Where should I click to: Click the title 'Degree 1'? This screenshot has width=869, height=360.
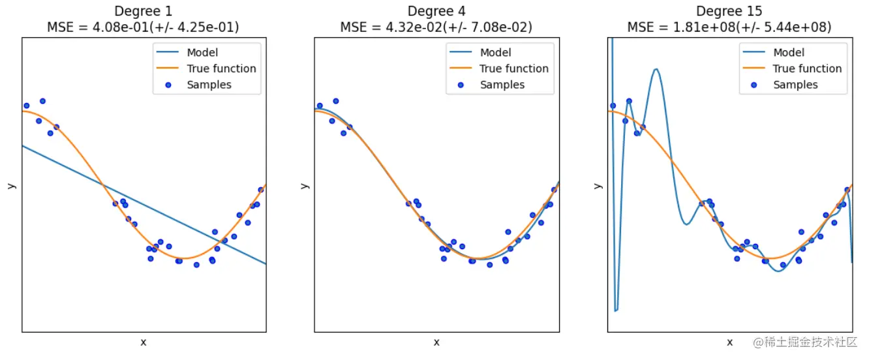pos(143,11)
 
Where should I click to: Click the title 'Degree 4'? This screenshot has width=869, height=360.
pos(436,11)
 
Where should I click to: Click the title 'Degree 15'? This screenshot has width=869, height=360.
pos(729,11)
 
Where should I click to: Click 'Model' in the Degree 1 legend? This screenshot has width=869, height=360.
pos(202,53)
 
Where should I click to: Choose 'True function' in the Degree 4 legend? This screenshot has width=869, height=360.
pos(514,68)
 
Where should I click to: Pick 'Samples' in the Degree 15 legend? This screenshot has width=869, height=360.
pos(795,85)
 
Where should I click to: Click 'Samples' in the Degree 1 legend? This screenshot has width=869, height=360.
pos(209,85)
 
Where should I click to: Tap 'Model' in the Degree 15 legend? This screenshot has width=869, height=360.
pos(789,53)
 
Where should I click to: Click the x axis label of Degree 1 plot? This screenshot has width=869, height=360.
pos(143,342)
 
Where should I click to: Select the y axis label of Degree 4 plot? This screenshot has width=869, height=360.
pos(304,185)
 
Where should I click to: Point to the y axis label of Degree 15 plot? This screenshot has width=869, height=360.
pos(598,185)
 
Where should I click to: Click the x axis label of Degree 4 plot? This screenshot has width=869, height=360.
pos(436,342)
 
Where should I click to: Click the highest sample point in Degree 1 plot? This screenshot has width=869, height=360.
pos(42,101)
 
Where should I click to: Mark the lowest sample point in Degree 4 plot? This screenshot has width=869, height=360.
pos(489,264)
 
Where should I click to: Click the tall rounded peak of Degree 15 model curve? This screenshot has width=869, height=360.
pos(656,69)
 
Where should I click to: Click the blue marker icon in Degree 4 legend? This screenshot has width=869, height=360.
pos(462,85)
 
